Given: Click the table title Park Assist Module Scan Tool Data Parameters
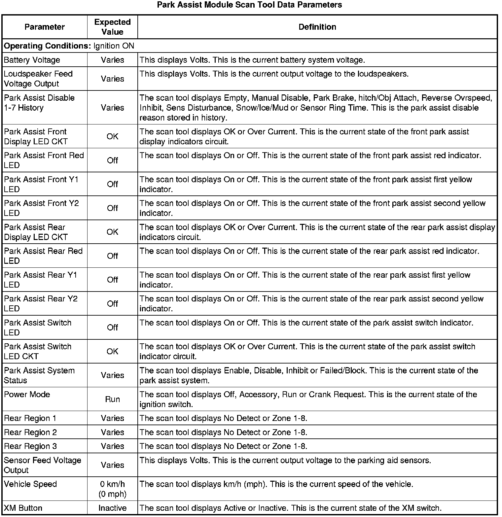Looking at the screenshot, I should coord(249,5).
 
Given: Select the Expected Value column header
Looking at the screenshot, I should coord(112,27).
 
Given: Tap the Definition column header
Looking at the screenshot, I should coord(317,27).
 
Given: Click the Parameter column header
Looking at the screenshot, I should coord(45,27).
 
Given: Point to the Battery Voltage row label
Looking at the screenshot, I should coord(32,60).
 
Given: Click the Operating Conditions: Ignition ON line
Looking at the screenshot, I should coord(69,46).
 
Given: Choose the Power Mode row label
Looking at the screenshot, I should coord(27,395).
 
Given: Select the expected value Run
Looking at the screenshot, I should coord(112,399).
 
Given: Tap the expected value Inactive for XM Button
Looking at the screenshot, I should coord(112,508).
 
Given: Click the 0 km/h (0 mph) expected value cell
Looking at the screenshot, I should coord(112,489).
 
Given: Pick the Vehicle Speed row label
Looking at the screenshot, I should coord(30,484).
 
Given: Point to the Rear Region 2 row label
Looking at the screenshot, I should coord(30,432).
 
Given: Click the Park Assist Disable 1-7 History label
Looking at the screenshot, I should coord(39,103).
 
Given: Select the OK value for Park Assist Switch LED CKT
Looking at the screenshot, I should coord(112,352).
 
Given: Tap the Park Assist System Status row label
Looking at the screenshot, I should coord(39,375).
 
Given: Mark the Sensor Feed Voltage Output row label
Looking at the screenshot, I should coord(42,465).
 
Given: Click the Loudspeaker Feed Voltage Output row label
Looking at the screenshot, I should coord(38,79).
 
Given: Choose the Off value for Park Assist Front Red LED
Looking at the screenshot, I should coord(112,160).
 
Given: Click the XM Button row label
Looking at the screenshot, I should coord(23,508).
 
